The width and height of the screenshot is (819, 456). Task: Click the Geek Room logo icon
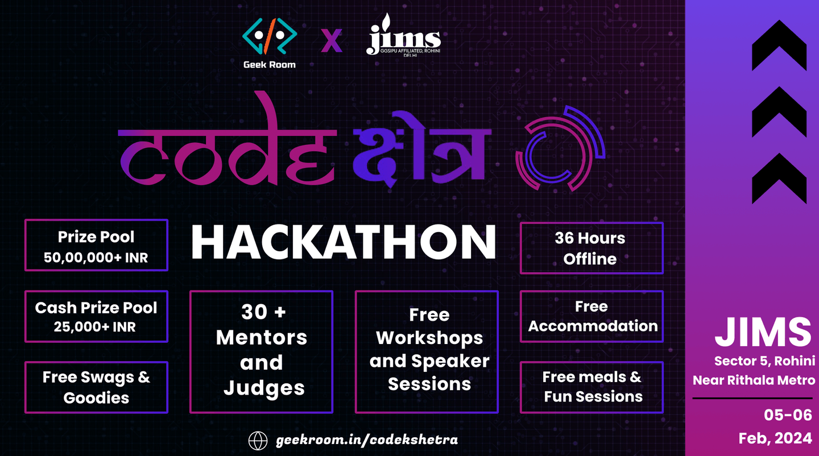coord(270,36)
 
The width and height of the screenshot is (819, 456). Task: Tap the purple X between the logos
coord(332,40)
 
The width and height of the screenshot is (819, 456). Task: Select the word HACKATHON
coord(344,242)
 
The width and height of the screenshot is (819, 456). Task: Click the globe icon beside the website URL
coord(258,441)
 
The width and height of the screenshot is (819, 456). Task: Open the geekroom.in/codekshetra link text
coord(367,440)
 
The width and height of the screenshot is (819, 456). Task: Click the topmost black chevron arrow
coord(779,45)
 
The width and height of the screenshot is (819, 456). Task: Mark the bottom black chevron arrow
coord(779,179)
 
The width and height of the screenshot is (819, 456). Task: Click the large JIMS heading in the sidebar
coord(763,332)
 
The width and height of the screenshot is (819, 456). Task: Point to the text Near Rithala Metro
coord(754,380)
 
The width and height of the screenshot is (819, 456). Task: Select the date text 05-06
coord(788,415)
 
